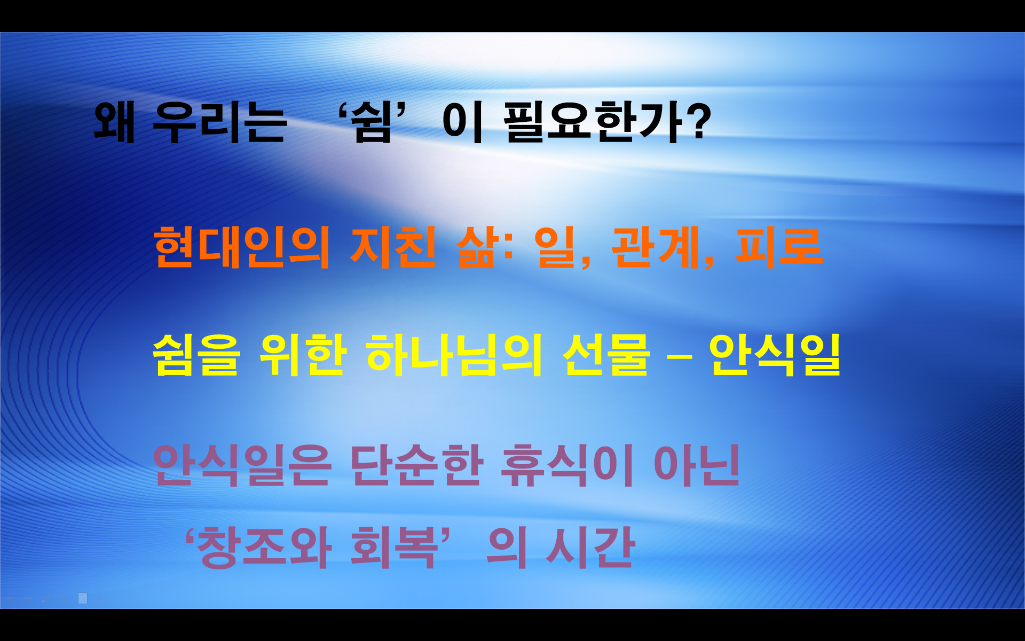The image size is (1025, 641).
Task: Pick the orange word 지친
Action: pos(393,247)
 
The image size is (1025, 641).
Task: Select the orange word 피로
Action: pos(779,247)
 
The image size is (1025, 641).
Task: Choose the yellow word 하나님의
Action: pos(454,355)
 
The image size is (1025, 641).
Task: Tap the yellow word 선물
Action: pos(606,355)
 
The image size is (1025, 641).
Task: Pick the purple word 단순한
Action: pos(416,465)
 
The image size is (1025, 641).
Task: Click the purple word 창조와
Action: pos(264,547)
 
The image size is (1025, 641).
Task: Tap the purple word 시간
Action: pos(590,547)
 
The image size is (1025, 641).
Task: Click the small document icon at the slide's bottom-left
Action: pos(83,598)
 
